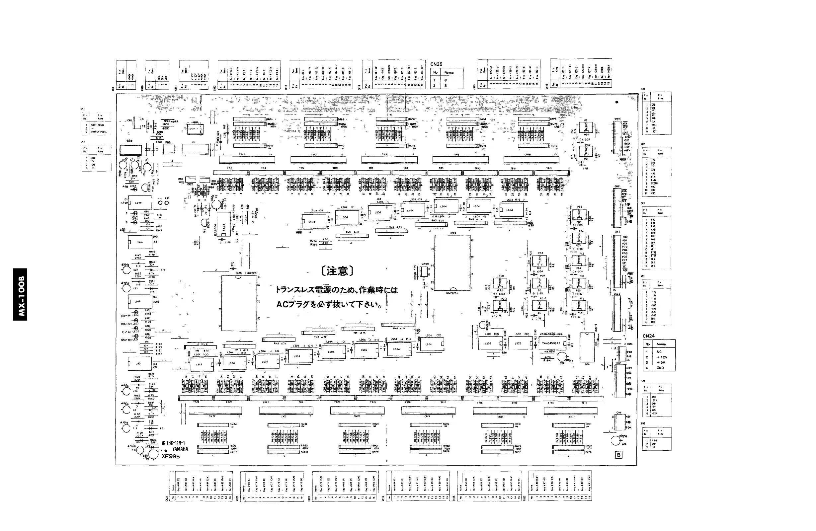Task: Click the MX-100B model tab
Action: click(x=20, y=294)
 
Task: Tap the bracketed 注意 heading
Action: click(x=337, y=271)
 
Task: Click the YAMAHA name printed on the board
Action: click(x=180, y=449)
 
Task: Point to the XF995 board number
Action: click(x=171, y=456)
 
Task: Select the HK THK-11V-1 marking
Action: click(x=173, y=443)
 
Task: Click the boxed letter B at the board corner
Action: click(x=618, y=455)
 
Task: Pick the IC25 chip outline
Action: click(x=239, y=303)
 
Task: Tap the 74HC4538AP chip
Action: click(x=551, y=343)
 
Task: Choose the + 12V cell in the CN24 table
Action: click(x=662, y=357)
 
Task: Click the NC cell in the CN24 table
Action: click(x=659, y=352)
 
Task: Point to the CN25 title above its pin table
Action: click(x=436, y=64)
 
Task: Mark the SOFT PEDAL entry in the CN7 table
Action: click(x=99, y=125)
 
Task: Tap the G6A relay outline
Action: click(x=587, y=346)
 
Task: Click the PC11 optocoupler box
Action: click(x=501, y=283)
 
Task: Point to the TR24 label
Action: click(x=196, y=402)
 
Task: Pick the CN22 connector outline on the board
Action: click(x=215, y=410)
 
